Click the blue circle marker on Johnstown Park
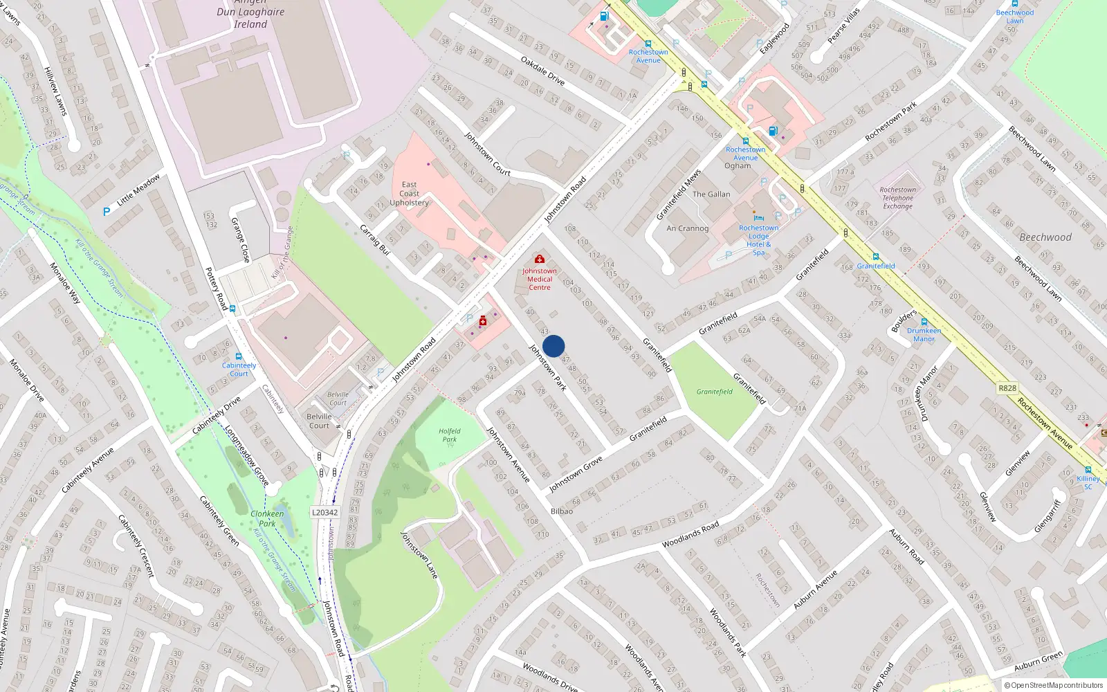coord(553,346)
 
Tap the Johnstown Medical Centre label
coord(540,280)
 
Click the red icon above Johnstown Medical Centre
coord(540,259)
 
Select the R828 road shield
coord(1007,388)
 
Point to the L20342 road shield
coord(324,513)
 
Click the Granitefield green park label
coord(714,392)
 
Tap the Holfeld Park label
coord(450,435)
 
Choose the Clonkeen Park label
coord(267,518)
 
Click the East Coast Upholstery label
coord(409,194)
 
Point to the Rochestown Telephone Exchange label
coord(897,198)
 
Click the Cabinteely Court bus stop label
coord(239,370)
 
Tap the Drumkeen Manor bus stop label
coord(924,335)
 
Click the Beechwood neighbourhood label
coord(1045,237)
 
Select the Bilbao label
coord(562,511)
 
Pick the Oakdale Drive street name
coord(542,71)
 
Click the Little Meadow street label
coord(138,190)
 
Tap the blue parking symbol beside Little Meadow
coord(107,212)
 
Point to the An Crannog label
coord(687,228)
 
